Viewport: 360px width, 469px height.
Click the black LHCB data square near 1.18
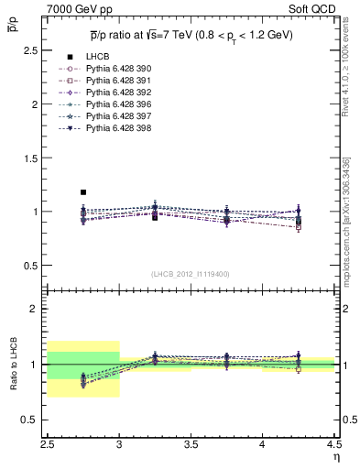pos(83,192)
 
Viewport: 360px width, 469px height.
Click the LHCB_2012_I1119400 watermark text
pos(191,274)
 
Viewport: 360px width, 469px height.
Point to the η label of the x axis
pos(335,454)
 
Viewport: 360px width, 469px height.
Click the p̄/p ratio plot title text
pos(191,34)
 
